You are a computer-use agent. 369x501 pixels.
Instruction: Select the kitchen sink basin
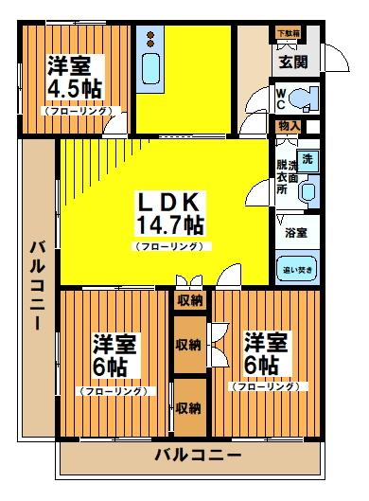pos(151,69)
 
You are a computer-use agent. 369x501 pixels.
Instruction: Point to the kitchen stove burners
pos(151,38)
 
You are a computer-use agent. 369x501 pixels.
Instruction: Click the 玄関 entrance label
pos(290,63)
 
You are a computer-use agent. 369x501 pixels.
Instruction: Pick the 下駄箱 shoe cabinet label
pos(288,34)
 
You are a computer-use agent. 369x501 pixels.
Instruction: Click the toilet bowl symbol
pos(303,99)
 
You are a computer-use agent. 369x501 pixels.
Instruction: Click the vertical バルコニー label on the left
pos(38,284)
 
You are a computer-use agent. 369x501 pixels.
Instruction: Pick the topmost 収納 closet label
pos(188,300)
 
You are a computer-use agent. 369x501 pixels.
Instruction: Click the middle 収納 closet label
pos(188,344)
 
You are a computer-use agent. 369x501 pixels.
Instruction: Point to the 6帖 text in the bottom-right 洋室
pos(262,365)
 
